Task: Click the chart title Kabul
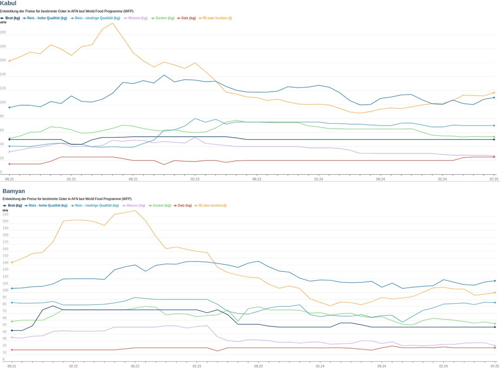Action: [x=8, y=4]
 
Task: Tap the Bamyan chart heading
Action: [x=14, y=191]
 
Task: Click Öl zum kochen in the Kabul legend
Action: [x=217, y=18]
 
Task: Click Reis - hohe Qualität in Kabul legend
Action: [x=47, y=18]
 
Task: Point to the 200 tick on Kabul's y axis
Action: [x=3, y=32]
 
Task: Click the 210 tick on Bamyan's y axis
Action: [x=6, y=214]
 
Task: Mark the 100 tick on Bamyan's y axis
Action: [x=6, y=290]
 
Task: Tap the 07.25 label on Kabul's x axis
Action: [x=494, y=179]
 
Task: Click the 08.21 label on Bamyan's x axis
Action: [x=12, y=366]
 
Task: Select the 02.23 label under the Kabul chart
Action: [x=195, y=179]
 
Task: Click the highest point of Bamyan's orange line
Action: [x=135, y=210]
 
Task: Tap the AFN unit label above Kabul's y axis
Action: [x=3, y=22]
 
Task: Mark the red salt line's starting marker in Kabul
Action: [x=9, y=164]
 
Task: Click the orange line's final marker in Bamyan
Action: [x=495, y=292]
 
